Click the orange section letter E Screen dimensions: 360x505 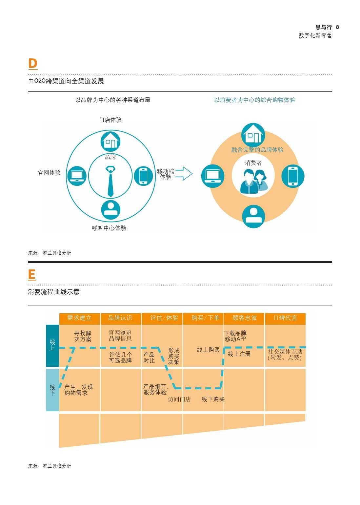[x=32, y=274]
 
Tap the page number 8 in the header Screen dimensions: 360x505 [x=337, y=27]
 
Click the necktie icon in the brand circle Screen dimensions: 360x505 [x=110, y=181]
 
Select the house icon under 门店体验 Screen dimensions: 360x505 [x=110, y=142]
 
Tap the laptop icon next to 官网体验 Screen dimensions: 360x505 [x=77, y=176]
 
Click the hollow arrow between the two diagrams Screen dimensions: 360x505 [x=184, y=174]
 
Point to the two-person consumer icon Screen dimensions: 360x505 [x=254, y=181]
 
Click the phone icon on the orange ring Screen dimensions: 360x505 [x=293, y=176]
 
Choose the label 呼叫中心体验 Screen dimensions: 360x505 [x=109, y=228]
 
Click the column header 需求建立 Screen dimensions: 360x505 [x=79, y=318]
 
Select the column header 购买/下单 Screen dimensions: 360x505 [x=205, y=318]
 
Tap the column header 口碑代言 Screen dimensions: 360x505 [x=285, y=318]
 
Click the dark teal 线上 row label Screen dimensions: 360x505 [x=52, y=346]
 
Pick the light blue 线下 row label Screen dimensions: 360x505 [x=52, y=390]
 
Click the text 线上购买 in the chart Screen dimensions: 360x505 [x=208, y=350]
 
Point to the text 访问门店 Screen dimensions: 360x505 [x=179, y=399]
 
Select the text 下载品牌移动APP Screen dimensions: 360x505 [x=235, y=336]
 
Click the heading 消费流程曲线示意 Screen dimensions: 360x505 [x=54, y=292]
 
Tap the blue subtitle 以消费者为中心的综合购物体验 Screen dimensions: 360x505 [x=255, y=100]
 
